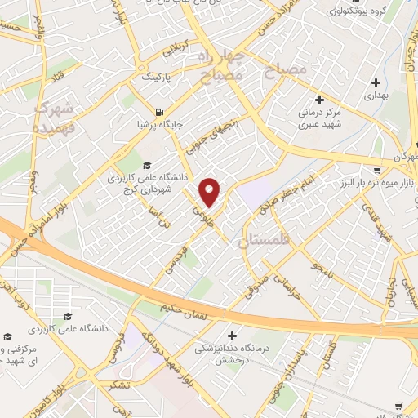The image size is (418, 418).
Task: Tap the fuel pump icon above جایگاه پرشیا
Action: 157,113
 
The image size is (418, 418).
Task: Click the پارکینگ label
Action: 158,77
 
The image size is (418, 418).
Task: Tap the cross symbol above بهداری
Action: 375,82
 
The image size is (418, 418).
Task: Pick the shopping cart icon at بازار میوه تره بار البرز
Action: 377,170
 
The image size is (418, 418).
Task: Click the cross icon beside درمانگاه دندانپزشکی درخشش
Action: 233,335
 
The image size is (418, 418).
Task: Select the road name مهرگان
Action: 406,156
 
